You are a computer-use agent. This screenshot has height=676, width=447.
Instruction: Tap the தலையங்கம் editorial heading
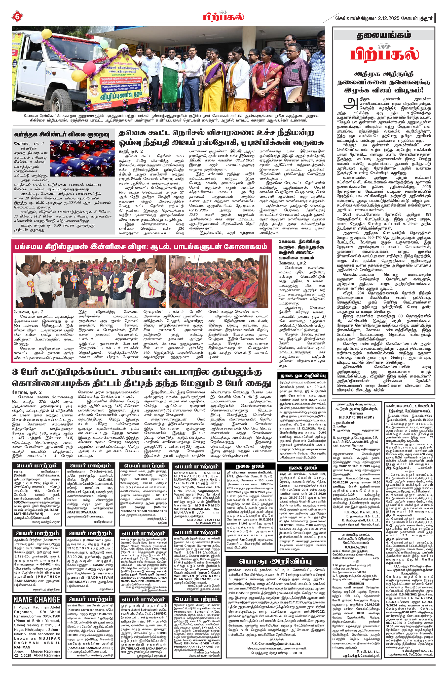384,35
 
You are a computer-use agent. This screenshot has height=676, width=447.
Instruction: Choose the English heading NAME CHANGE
37,600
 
